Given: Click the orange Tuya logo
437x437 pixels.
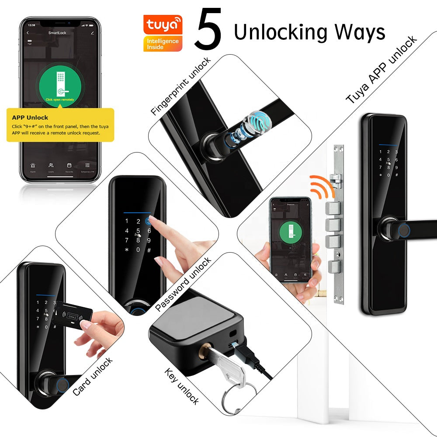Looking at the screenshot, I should coord(163,25).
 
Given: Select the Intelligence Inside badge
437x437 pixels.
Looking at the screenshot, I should coord(163,44).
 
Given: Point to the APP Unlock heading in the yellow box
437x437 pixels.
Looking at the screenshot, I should coord(30,118).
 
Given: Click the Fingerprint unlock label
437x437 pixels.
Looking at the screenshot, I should coord(181,86).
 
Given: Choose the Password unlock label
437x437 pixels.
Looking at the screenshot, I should coord(183,284).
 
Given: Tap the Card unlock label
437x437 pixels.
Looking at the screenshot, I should coord(92,377).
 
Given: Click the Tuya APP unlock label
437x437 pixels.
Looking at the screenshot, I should coord(382,70).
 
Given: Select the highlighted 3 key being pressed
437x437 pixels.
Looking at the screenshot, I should coord(149,221).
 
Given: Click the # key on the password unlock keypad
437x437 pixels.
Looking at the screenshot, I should coord(149,250).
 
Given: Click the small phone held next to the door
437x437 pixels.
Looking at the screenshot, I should coord(290,239).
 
